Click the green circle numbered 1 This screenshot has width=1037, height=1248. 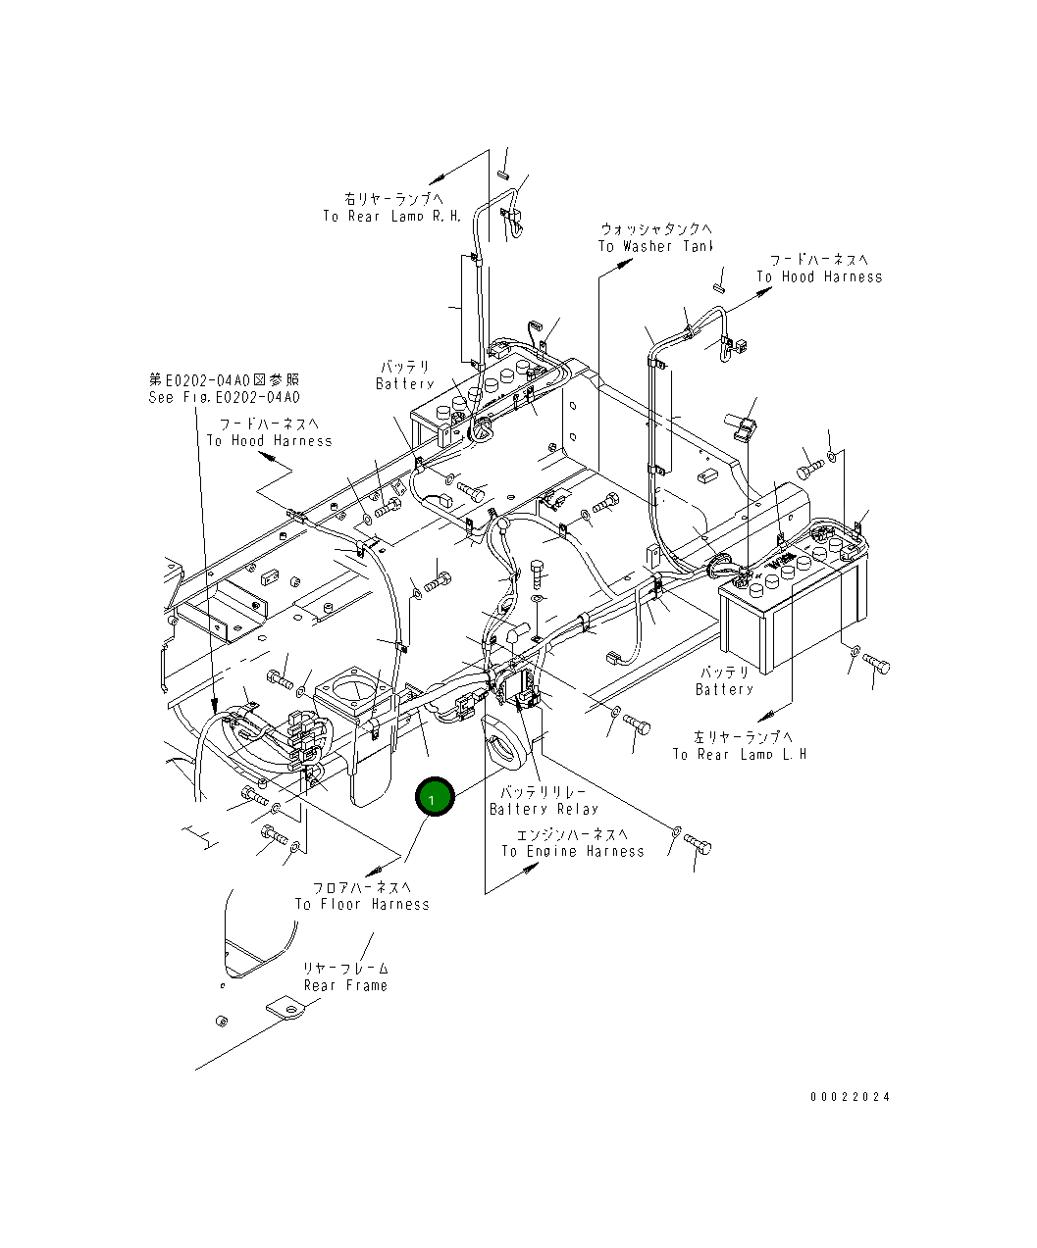pyautogui.click(x=435, y=797)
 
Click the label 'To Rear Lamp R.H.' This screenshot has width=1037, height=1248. pyautogui.click(x=391, y=216)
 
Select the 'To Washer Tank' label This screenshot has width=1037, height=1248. pyautogui.click(x=655, y=246)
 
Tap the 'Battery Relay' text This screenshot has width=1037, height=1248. pyautogui.click(x=544, y=809)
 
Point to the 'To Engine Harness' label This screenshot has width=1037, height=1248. pyautogui.click(x=573, y=851)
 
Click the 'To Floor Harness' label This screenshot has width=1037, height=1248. pyautogui.click(x=362, y=904)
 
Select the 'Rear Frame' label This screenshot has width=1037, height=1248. pyautogui.click(x=345, y=985)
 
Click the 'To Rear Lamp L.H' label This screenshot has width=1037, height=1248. pyautogui.click(x=739, y=754)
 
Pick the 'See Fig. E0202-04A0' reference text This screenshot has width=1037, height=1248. pyautogui.click(x=224, y=397)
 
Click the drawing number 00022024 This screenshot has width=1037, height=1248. pyautogui.click(x=850, y=1097)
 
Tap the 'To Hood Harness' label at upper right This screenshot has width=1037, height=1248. pyautogui.click(x=818, y=276)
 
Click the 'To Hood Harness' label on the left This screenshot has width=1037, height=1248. pyautogui.click(x=269, y=440)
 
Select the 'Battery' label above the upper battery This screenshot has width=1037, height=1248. pyautogui.click(x=404, y=383)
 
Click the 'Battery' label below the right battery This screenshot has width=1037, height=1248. pyautogui.click(x=724, y=689)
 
